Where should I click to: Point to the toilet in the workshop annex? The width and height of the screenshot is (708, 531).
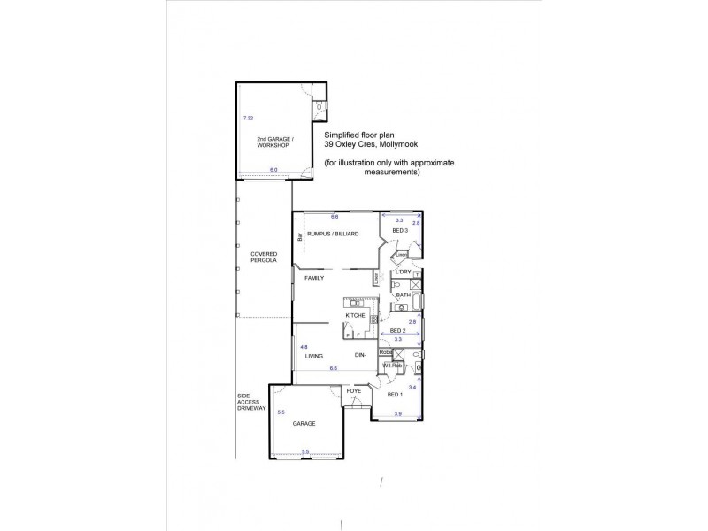pyautogui.click(x=317, y=109)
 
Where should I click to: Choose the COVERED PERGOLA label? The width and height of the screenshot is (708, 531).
pyautogui.click(x=264, y=258)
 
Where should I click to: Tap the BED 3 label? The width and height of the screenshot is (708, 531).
pyautogui.click(x=399, y=230)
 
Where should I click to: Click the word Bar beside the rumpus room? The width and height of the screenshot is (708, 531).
pyautogui.click(x=301, y=237)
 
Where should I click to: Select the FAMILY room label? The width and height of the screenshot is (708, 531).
pyautogui.click(x=315, y=278)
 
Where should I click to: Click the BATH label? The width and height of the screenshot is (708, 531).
pyautogui.click(x=403, y=295)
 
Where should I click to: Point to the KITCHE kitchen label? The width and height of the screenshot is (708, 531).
pyautogui.click(x=356, y=315)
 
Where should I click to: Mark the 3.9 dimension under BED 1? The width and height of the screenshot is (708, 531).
pyautogui.click(x=397, y=414)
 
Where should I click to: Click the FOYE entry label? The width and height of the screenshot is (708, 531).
pyautogui.click(x=353, y=390)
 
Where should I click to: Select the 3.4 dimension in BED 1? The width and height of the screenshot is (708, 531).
pyautogui.click(x=412, y=387)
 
